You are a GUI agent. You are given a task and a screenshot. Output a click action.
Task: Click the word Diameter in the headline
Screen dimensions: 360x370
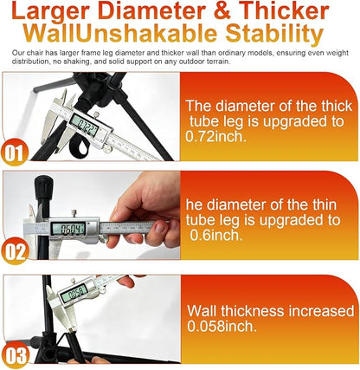pyautogui.click(x=154, y=11)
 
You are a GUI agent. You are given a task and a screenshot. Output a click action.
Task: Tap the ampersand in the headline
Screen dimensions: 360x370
pyautogui.click(x=222, y=11)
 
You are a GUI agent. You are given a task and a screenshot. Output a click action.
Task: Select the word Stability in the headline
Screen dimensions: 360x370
pyautogui.click(x=274, y=35)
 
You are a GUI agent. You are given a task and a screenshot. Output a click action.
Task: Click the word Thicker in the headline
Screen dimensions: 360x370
pyautogui.click(x=284, y=11)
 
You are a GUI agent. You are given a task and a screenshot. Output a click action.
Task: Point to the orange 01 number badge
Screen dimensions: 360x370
pyautogui.click(x=14, y=153)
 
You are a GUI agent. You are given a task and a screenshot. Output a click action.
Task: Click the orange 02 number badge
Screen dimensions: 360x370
pyautogui.click(x=14, y=251)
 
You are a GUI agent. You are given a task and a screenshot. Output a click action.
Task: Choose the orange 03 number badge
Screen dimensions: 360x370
pyautogui.click(x=15, y=355)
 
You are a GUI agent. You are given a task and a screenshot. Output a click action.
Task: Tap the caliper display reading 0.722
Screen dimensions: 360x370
pyautogui.click(x=84, y=123)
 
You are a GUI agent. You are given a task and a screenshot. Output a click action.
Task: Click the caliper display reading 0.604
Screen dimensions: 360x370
pyautogui.click(x=68, y=229)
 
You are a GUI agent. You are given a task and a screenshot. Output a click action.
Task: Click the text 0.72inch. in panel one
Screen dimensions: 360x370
pyautogui.click(x=216, y=136)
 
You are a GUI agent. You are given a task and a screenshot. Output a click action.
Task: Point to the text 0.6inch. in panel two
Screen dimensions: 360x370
pyautogui.click(x=216, y=236)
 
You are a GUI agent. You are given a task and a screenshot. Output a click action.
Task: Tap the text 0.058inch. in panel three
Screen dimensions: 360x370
pyautogui.click(x=222, y=326)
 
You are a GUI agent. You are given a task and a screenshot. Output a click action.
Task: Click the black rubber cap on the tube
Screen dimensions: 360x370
pyautogui.click(x=43, y=186)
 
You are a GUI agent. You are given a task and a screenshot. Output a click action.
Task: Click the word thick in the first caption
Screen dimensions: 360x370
pyautogui.click(x=337, y=106)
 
